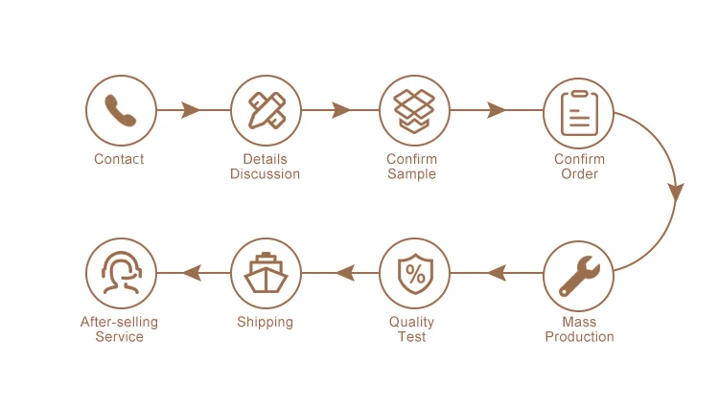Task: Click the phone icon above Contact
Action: [121, 110]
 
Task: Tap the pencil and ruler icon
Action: [266, 110]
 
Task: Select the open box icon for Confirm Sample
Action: [414, 110]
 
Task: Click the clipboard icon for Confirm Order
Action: [579, 113]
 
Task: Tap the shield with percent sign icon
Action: [414, 274]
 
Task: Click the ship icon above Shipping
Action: [266, 274]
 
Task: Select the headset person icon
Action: [121, 273]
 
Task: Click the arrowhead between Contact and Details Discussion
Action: [190, 110]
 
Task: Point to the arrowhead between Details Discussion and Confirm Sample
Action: [340, 110]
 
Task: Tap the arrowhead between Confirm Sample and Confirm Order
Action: [496, 110]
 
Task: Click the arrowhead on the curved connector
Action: [676, 192]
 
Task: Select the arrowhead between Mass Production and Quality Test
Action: [497, 274]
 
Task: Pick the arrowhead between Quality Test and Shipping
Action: [345, 274]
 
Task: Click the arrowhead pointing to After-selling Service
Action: [192, 274]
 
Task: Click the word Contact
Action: [119, 159]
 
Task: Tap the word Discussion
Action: [265, 174]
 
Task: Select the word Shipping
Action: [265, 322]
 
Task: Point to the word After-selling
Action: [119, 322]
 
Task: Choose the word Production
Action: [579, 337]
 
